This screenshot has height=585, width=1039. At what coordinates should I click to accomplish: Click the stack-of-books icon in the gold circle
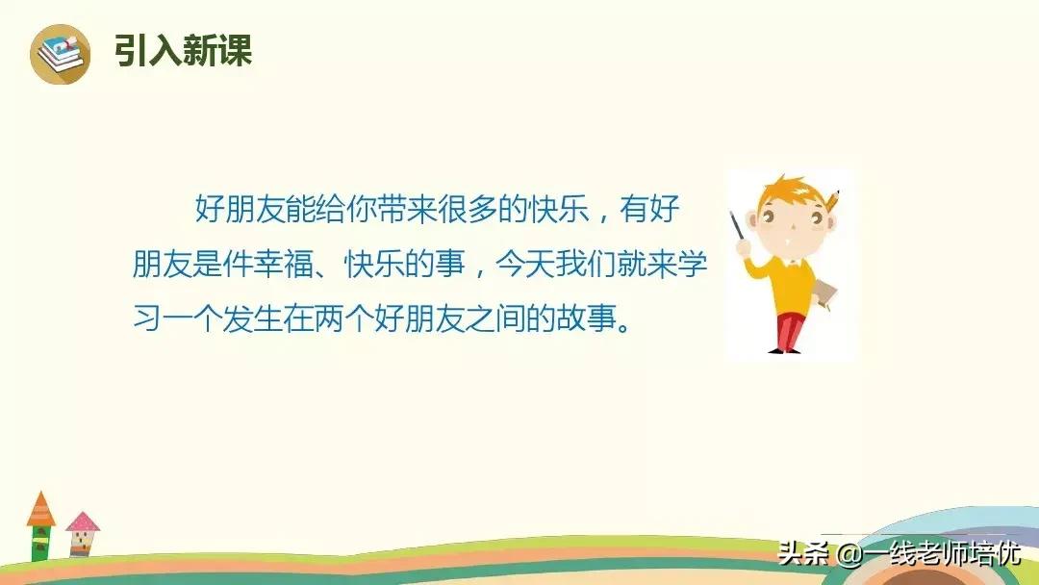[x=61, y=54]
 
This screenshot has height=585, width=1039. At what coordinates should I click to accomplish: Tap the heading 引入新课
[x=183, y=50]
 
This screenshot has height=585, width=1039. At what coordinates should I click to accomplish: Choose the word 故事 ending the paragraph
[x=586, y=319]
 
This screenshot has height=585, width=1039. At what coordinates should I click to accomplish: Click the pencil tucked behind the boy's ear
[x=831, y=201]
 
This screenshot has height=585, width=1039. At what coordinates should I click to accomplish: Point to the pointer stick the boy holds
[x=738, y=226]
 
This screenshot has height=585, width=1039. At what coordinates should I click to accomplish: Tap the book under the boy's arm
[x=824, y=294]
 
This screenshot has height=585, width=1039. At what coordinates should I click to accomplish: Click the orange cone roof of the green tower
[x=41, y=509]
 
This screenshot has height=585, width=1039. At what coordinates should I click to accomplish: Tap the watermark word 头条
[x=803, y=553]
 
